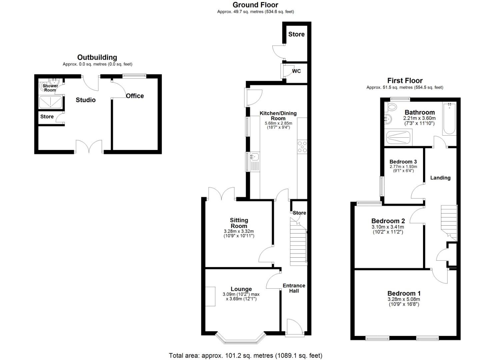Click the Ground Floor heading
255,5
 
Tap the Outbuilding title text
97,57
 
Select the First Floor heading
405,81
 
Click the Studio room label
86,100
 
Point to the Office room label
135,96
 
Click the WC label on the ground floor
296,71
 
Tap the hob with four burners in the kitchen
302,147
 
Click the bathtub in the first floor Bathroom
449,119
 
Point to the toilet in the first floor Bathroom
392,107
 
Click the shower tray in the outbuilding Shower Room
50,102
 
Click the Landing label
440,178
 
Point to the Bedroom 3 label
403,162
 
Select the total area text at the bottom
245,356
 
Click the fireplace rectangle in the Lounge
210,296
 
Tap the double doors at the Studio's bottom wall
89,147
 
